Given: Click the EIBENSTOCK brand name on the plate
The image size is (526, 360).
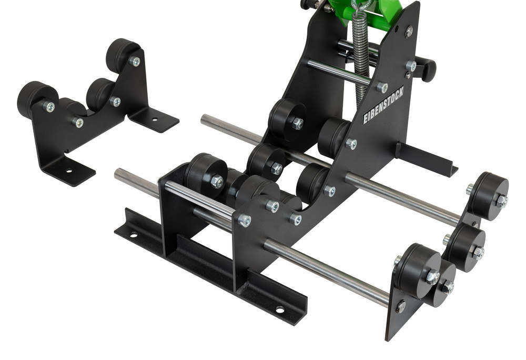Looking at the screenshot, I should point(383,105).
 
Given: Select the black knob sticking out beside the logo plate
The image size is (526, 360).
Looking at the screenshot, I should point(426,68).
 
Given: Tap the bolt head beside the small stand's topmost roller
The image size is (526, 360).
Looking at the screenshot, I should point(136,62).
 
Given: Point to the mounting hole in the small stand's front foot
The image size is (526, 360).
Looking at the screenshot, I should point(68,171).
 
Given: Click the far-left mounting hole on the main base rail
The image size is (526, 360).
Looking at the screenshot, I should point(133,234).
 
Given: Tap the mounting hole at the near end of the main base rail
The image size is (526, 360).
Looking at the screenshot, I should point(279,309).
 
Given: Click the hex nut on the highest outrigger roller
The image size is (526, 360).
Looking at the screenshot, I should point(501,201).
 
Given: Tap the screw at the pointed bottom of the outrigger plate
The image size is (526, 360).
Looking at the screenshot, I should point(401,306).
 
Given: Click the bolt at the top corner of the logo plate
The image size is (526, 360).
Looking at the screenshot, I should point(409,31).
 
